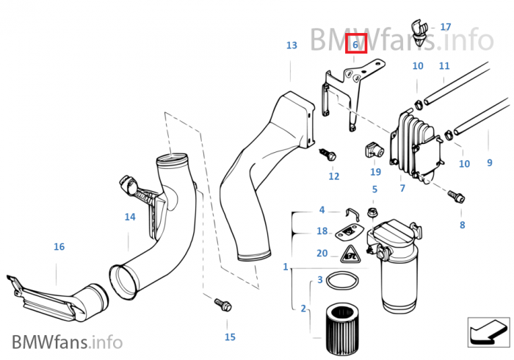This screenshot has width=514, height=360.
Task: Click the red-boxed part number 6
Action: click(x=355, y=45)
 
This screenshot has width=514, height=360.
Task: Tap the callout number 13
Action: click(x=292, y=46)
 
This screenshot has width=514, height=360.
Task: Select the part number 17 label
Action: click(x=446, y=27)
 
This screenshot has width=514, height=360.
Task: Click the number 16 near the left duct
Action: click(x=59, y=247)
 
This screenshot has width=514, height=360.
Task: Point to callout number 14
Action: click(x=129, y=217)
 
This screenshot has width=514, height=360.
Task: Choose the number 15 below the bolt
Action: click(x=230, y=337)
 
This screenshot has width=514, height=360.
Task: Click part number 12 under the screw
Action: click(x=334, y=176)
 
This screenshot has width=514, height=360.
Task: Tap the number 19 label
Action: click(x=375, y=173)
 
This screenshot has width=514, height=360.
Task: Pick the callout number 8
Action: click(x=462, y=225)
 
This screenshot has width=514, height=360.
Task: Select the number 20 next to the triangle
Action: click(x=322, y=253)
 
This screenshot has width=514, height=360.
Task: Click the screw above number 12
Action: click(x=327, y=154)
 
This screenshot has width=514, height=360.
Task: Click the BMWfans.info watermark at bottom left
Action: click(x=67, y=342)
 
